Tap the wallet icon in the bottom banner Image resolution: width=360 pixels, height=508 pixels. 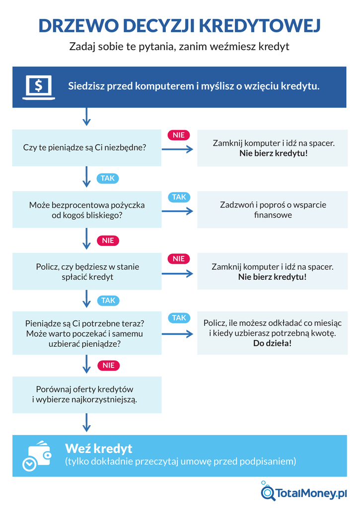point(37,455)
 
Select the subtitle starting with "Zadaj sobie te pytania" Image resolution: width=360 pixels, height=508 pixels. point(179,47)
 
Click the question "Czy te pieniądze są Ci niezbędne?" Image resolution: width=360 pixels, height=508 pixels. point(85,147)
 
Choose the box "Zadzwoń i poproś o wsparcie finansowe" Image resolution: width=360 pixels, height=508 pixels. point(273,210)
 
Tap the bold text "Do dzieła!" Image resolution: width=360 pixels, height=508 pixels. point(272,343)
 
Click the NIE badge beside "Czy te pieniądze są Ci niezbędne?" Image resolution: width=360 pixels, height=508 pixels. point(178,135)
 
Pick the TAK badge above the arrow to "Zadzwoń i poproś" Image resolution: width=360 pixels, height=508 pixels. point(179,197)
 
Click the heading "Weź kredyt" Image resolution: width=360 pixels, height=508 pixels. point(99,448)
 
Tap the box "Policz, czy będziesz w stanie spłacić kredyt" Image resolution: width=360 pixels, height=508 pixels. point(87,271)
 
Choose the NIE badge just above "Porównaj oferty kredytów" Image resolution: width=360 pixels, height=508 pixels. point(108,366)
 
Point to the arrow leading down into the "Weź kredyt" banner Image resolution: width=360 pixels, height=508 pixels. point(87,422)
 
